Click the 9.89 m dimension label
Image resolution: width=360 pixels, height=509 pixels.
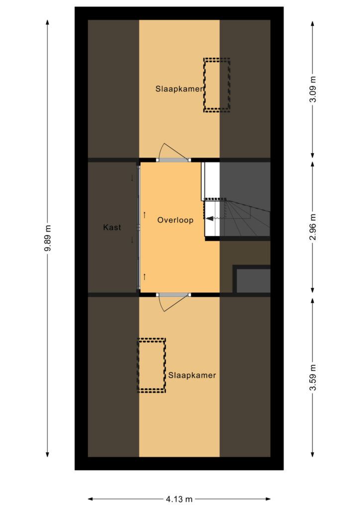[x=48, y=238]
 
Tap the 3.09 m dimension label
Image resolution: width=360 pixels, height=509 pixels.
[x=313, y=89]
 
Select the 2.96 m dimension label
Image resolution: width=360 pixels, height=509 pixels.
[x=313, y=227]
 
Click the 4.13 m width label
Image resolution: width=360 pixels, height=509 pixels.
[x=179, y=499]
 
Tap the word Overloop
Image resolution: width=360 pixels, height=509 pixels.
[x=176, y=220]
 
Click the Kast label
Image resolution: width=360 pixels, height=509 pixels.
[x=112, y=227]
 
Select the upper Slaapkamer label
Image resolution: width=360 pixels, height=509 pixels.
[x=179, y=88]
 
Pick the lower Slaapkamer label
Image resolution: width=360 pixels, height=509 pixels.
[x=192, y=375]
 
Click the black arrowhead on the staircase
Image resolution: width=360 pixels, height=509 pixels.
[x=210, y=219]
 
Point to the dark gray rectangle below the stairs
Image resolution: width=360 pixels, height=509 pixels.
[x=253, y=281]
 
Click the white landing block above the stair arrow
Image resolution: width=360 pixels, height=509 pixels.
[x=211, y=180]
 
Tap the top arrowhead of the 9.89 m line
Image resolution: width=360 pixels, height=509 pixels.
[x=48, y=22]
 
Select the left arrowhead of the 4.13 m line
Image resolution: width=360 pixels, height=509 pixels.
[x=90, y=499]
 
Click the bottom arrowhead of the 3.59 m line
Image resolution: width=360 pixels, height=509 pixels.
[x=313, y=454]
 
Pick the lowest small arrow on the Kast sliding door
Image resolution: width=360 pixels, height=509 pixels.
[x=145, y=277]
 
